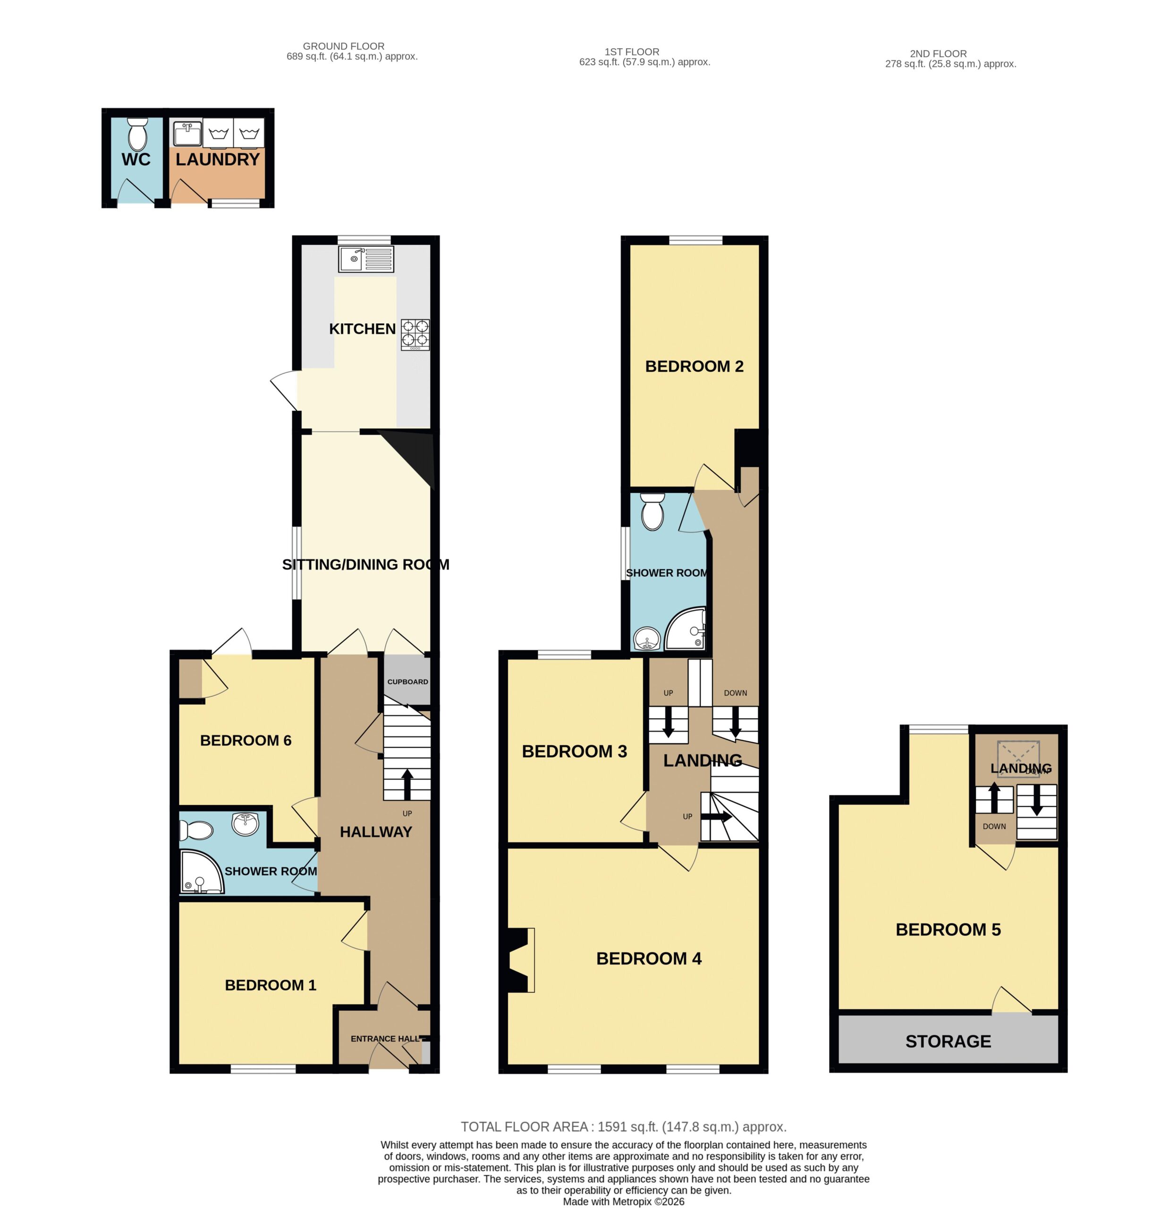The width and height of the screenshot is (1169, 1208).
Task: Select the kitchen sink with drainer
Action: pyautogui.click(x=365, y=259)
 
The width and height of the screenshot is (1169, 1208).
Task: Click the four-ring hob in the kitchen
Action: pyautogui.click(x=415, y=334)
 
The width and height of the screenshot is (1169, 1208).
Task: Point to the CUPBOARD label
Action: pyautogui.click(x=407, y=682)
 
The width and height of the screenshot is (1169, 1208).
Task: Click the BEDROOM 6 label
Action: pyautogui.click(x=246, y=740)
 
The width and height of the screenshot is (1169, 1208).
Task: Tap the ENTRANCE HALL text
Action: pyautogui.click(x=385, y=1039)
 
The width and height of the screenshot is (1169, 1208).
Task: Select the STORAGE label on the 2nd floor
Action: pyautogui.click(x=948, y=1041)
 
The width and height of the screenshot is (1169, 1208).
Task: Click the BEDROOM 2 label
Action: pyautogui.click(x=694, y=366)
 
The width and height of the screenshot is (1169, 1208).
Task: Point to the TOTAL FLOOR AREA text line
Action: pyautogui.click(x=623, y=1127)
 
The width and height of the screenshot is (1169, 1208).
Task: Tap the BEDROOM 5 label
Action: pyautogui.click(x=948, y=930)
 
